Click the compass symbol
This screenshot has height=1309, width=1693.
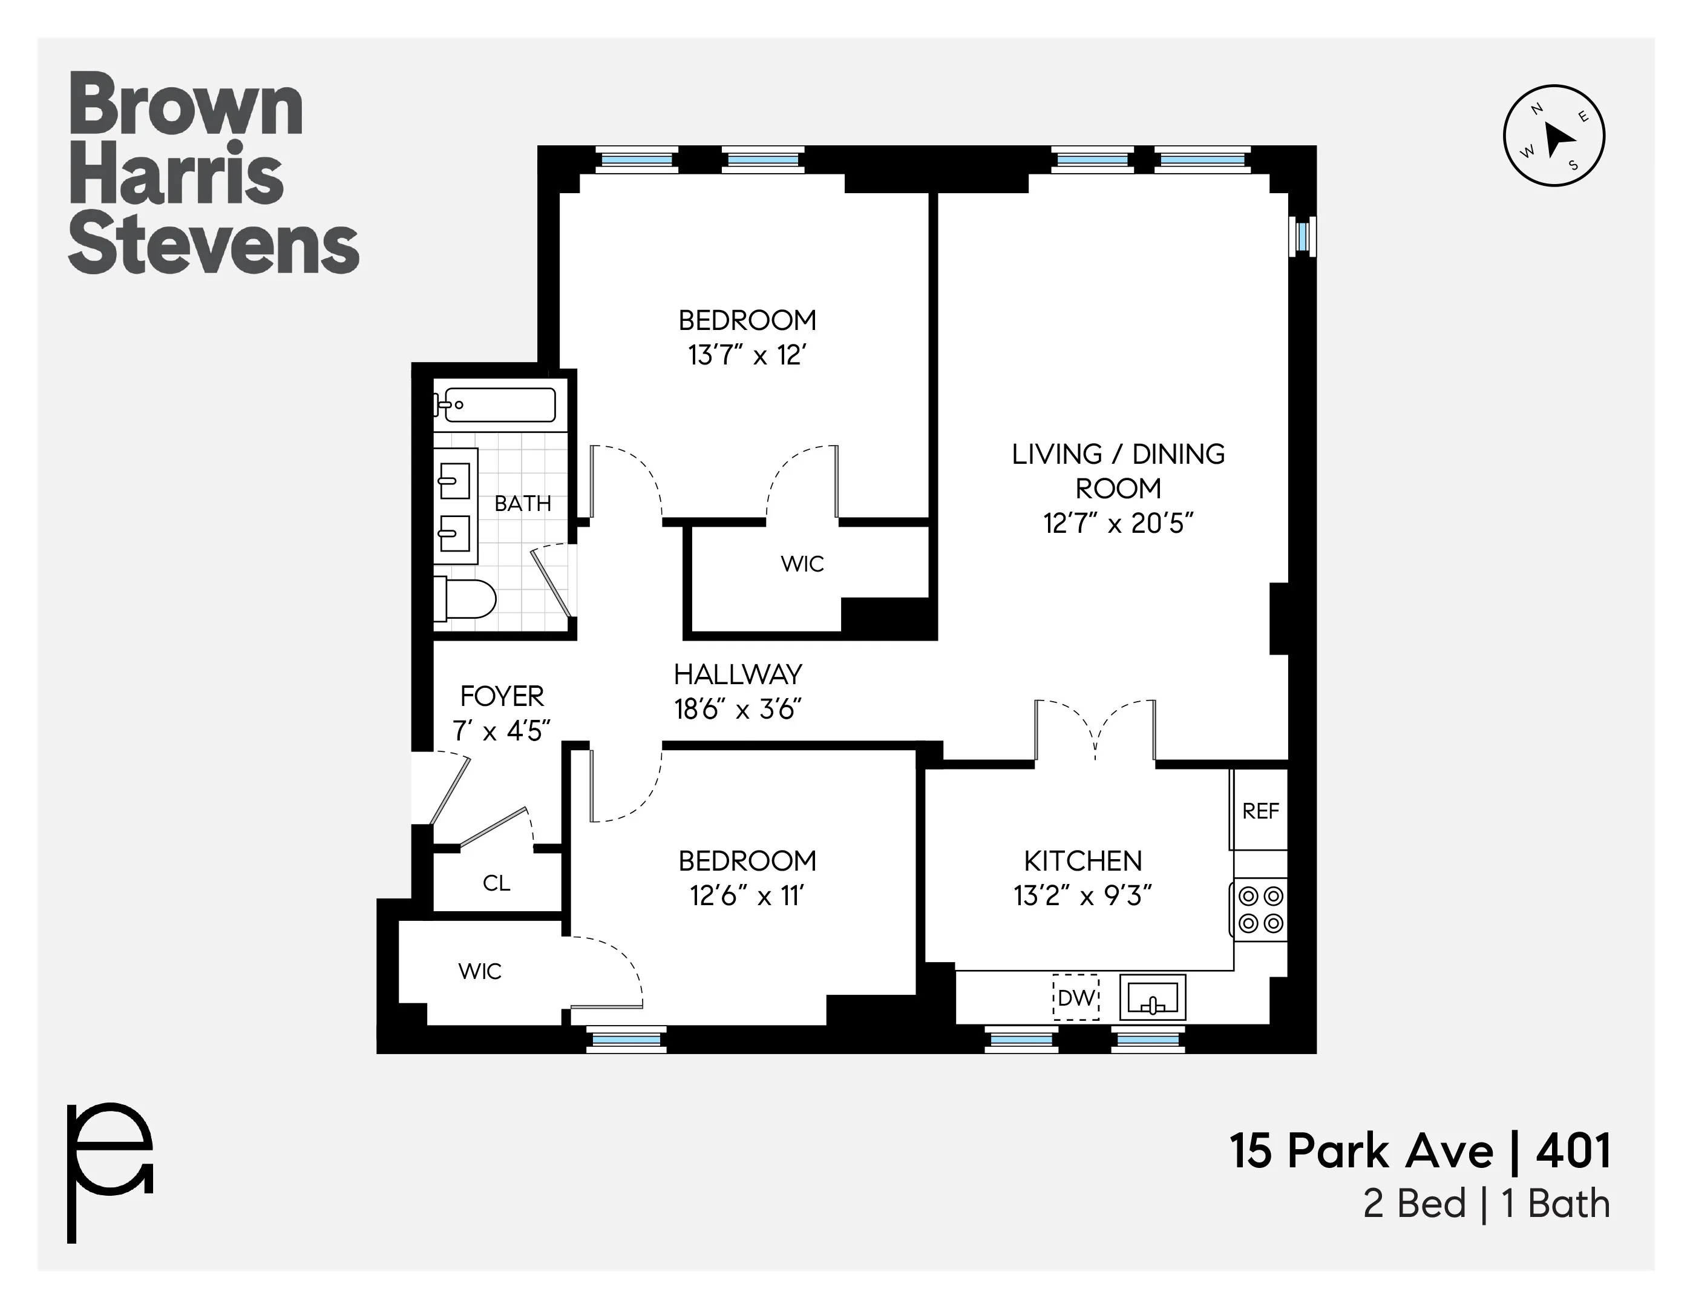(1553, 136)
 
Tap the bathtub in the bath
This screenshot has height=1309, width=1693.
(499, 405)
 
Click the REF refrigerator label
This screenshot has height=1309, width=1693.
(1260, 811)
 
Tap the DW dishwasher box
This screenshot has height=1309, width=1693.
(1076, 997)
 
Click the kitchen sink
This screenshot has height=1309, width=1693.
(1153, 997)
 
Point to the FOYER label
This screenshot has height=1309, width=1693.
(502, 696)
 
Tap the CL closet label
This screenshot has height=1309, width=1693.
(496, 883)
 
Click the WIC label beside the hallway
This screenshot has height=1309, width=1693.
(802, 564)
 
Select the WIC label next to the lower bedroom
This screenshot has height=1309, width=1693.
(479, 971)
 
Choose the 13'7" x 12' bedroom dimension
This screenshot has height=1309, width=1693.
(747, 355)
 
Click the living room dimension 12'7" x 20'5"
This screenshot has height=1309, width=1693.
(1117, 524)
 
